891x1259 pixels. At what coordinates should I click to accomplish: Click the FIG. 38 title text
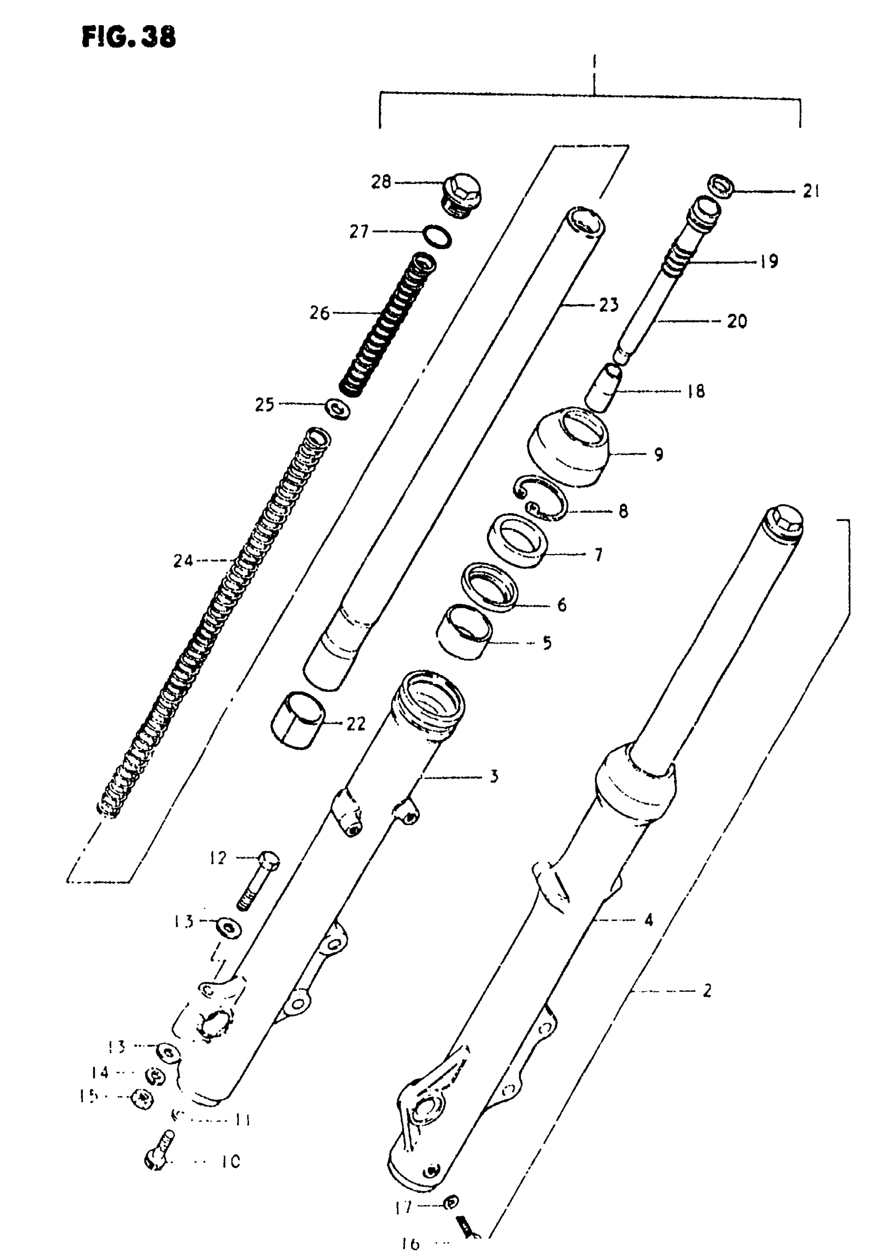129,37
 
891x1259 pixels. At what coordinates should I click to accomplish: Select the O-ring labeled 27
438,236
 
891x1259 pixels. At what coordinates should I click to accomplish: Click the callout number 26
320,313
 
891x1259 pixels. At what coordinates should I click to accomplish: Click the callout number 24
183,561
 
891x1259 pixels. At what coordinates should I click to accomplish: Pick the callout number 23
609,305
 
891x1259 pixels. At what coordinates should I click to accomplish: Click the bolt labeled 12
258,881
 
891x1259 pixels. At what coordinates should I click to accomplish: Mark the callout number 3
494,776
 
